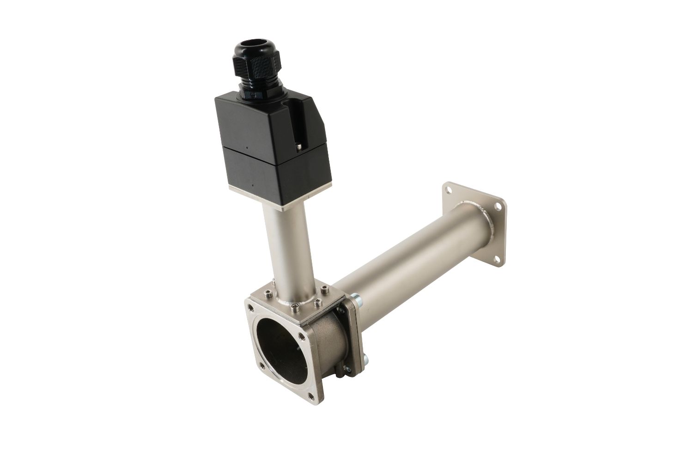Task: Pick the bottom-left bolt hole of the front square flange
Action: pyautogui.click(x=262, y=367)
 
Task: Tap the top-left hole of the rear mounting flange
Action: pyautogui.click(x=447, y=188)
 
